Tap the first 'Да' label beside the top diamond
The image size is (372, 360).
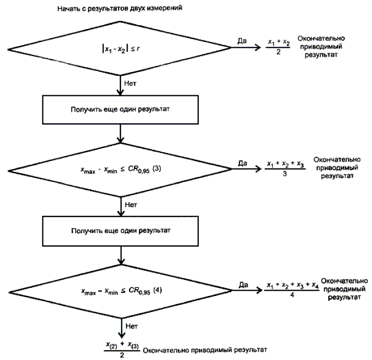(242, 41)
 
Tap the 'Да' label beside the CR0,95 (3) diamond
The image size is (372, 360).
(243, 163)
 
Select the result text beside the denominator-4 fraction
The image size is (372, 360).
(345, 290)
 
